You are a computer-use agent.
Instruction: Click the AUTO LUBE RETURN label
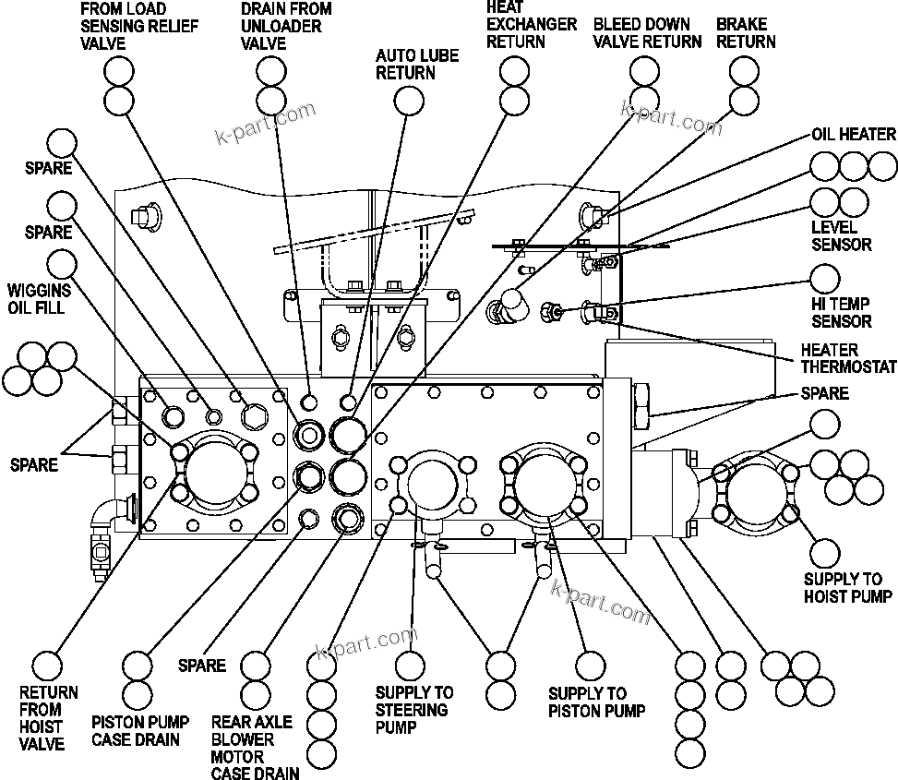(x=416, y=65)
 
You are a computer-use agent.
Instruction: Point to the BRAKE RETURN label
(x=746, y=32)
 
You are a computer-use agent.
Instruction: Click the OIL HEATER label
(x=853, y=135)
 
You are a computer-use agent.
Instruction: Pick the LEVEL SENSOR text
(x=841, y=236)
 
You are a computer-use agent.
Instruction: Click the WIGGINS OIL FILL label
(x=36, y=299)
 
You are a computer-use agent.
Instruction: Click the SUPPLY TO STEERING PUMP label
(x=414, y=710)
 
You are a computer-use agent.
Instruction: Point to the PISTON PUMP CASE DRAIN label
(x=140, y=730)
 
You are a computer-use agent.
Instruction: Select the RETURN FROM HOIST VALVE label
(x=49, y=717)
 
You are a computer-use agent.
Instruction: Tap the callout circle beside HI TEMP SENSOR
(x=824, y=278)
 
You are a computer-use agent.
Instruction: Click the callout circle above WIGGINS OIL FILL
(x=61, y=236)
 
